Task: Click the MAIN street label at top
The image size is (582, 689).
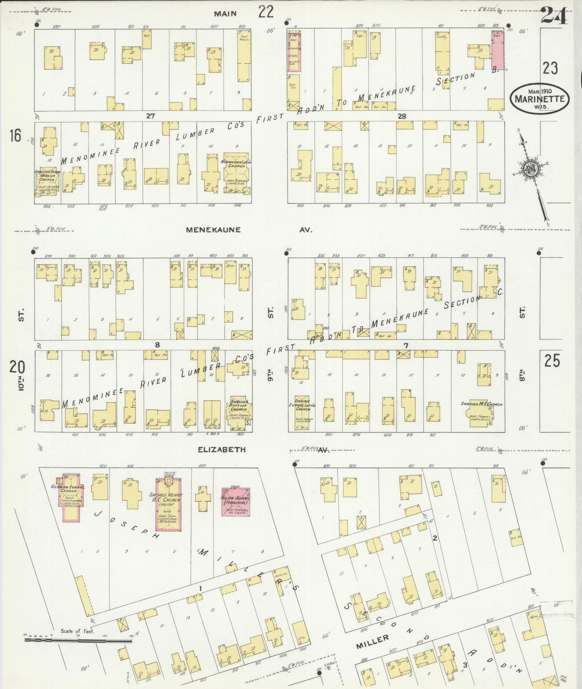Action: click(x=225, y=14)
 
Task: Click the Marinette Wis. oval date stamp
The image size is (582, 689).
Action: click(x=539, y=98)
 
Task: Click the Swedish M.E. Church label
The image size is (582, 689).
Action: click(x=482, y=404)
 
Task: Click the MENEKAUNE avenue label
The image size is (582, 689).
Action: click(x=213, y=230)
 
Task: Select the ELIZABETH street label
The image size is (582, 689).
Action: click(x=222, y=449)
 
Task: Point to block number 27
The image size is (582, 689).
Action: click(x=150, y=116)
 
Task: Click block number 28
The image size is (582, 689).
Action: click(x=402, y=117)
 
